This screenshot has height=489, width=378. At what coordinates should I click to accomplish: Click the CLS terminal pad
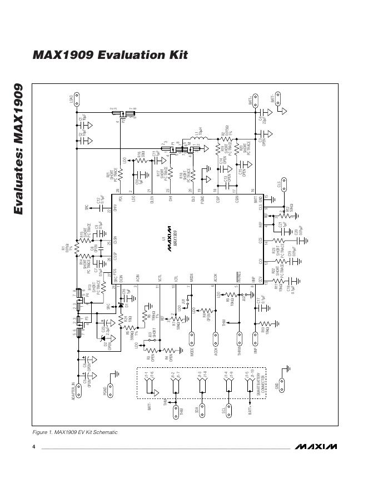coord(283,183)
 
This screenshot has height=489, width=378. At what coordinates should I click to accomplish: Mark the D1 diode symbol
coord(121,305)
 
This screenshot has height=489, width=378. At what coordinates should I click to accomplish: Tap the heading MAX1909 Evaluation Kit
coord(110,55)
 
